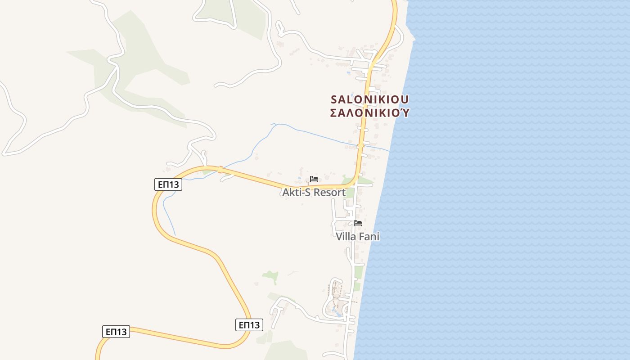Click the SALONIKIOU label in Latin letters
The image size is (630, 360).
tap(370, 99)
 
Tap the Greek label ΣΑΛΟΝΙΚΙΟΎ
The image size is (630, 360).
tap(370, 112)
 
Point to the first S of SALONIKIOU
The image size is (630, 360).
tap(334, 99)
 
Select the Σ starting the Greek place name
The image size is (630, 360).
tap(334, 112)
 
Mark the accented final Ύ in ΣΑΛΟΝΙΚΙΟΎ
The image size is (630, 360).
tap(405, 112)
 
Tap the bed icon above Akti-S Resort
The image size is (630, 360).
tap(314, 179)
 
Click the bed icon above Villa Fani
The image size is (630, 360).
tap(358, 223)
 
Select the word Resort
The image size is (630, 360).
tap(329, 193)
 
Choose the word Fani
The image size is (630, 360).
tap(369, 237)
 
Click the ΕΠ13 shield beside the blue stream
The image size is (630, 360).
tap(168, 184)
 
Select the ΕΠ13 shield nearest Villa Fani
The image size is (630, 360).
tap(249, 325)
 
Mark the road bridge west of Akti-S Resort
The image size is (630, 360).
tap(220, 170)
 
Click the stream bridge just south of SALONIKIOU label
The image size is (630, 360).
tap(360, 145)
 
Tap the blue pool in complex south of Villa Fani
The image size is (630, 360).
tap(336, 310)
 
